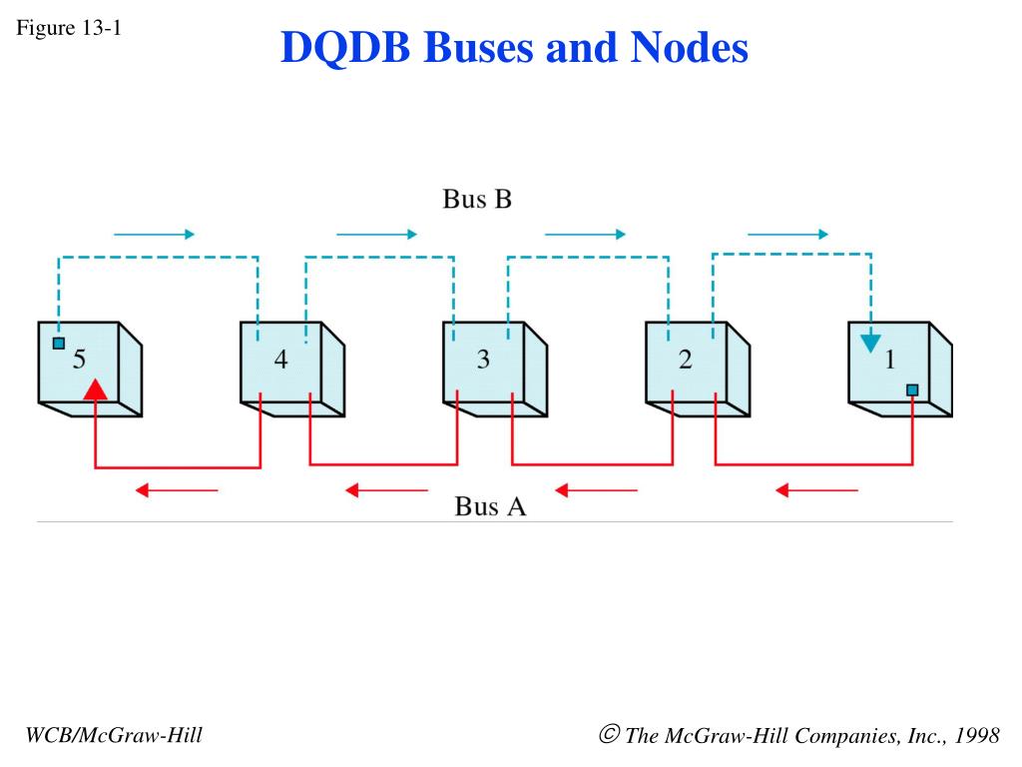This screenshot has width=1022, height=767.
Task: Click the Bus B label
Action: (x=477, y=199)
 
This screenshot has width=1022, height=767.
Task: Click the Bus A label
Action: (x=490, y=506)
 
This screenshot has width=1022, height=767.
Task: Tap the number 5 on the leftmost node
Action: (x=79, y=359)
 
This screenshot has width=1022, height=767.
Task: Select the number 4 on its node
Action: (x=280, y=359)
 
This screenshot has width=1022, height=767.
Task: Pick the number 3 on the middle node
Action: (x=483, y=359)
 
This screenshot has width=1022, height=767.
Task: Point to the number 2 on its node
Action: (x=685, y=359)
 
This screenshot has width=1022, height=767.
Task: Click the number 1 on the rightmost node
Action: (x=890, y=359)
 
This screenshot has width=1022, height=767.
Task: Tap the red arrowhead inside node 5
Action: (x=95, y=389)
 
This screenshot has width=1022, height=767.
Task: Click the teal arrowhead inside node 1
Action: (x=870, y=344)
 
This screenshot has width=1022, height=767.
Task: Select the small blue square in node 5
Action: (x=59, y=344)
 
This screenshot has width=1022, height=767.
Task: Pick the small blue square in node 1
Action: (x=912, y=390)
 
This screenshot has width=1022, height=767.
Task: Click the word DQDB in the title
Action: (x=345, y=48)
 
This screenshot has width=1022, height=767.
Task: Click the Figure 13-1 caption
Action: (x=69, y=28)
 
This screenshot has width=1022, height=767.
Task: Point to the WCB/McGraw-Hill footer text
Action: (x=114, y=735)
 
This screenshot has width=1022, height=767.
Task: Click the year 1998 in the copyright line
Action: (x=977, y=735)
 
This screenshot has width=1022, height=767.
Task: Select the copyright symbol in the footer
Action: (x=610, y=734)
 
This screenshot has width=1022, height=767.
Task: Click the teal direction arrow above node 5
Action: (x=154, y=234)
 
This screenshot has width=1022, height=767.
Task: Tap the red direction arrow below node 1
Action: (x=816, y=489)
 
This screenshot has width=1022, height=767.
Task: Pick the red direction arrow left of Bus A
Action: (x=386, y=489)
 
